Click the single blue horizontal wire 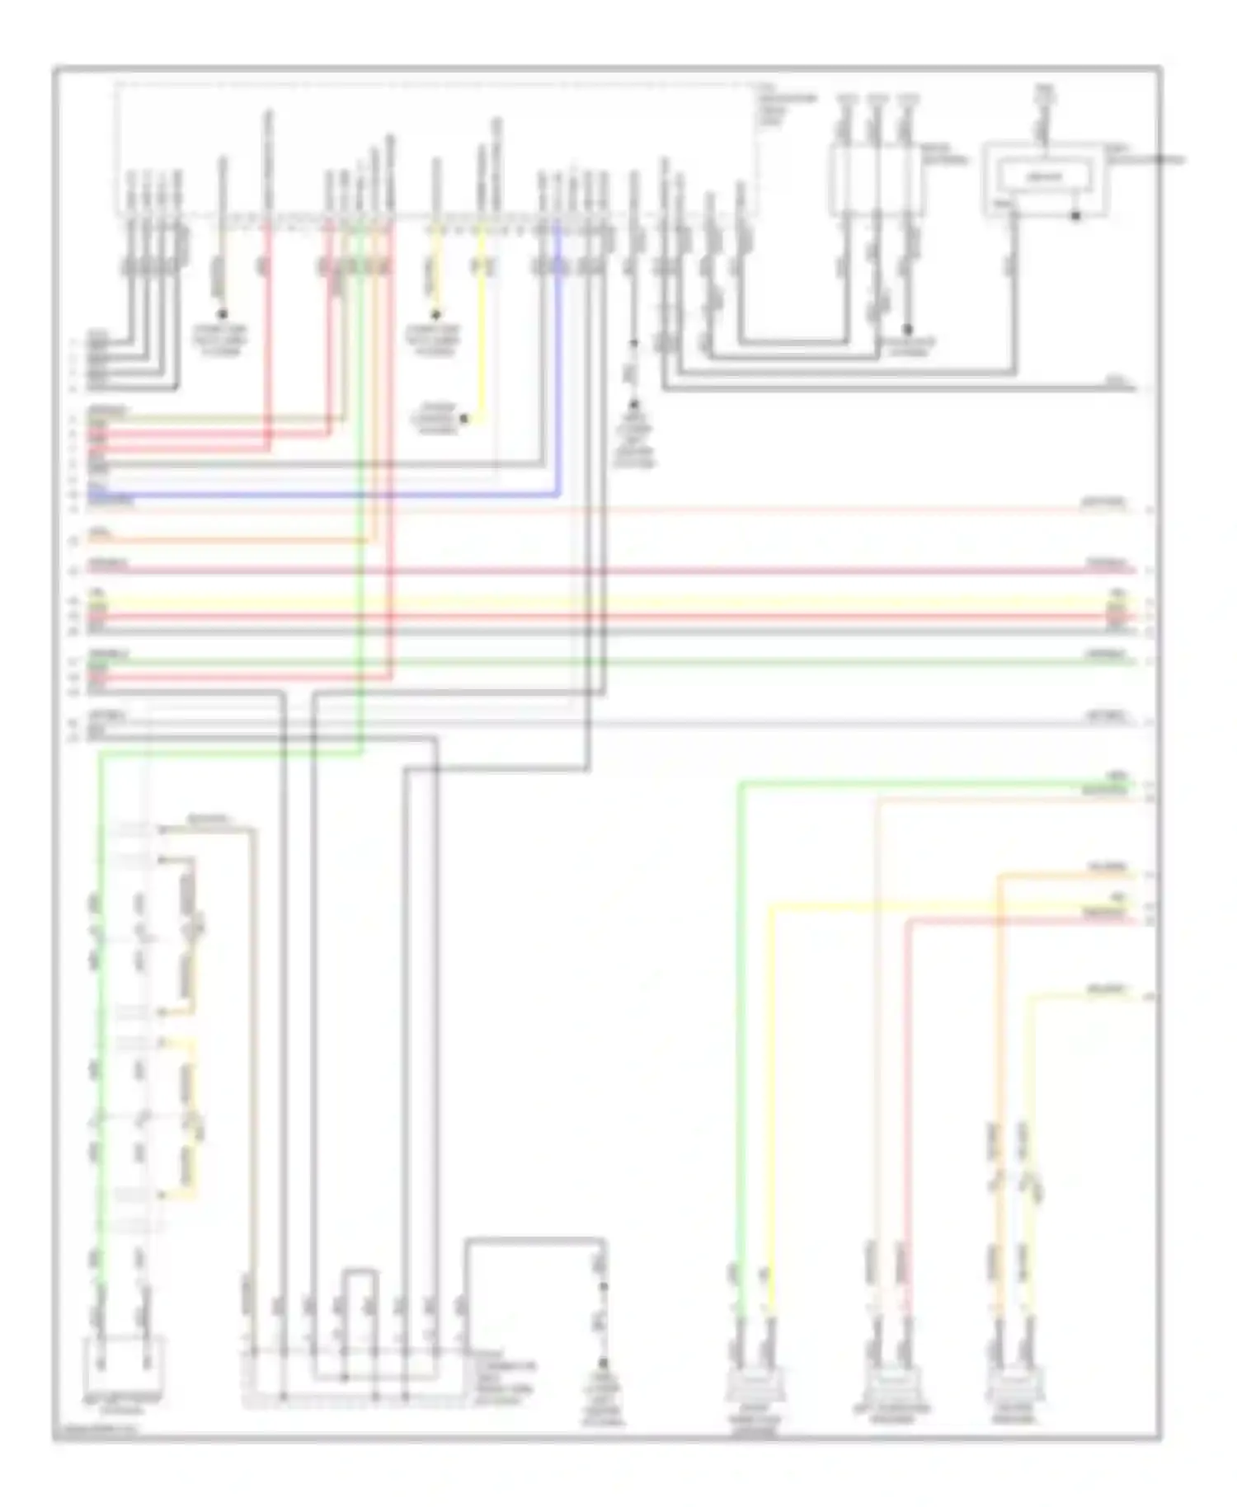[x=330, y=496]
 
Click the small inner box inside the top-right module [x=1044, y=176]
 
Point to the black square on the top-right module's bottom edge [x=1075, y=217]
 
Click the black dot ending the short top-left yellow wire [x=222, y=315]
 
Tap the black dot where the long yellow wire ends [x=464, y=420]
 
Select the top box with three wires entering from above [x=876, y=181]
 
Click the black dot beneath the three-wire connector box [x=908, y=328]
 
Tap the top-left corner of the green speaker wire [x=741, y=785]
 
